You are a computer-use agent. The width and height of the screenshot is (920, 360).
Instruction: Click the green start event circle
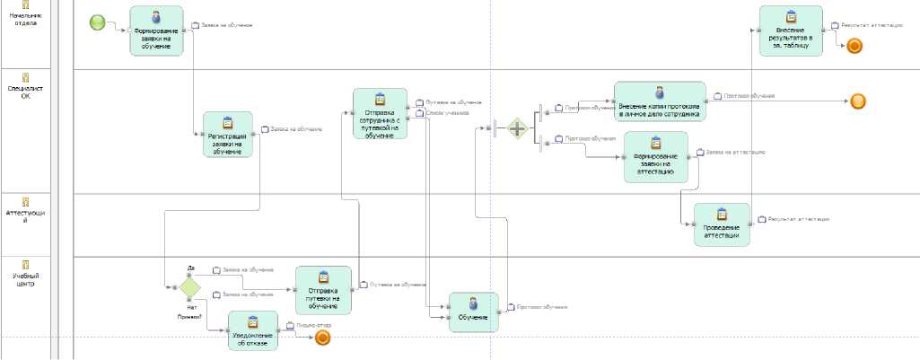point(98,22)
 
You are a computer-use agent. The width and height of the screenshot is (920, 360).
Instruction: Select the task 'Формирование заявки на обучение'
point(156,31)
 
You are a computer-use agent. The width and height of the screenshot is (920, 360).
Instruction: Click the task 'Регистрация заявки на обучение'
point(227,135)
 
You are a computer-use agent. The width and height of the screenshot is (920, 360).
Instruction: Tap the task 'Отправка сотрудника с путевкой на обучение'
point(380,113)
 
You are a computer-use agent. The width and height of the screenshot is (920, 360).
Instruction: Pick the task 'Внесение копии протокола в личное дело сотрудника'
point(660,101)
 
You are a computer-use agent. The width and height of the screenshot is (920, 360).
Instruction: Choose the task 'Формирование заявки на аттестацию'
point(655,157)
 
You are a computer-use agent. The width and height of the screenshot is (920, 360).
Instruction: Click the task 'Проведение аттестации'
point(722,224)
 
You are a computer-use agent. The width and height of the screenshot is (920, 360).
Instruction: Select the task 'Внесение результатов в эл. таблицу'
point(791,31)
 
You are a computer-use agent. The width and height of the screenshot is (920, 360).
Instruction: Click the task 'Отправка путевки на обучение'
point(323,290)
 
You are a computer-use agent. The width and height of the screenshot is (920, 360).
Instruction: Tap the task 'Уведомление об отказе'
point(253,331)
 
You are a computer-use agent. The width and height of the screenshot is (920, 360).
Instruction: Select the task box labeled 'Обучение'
point(473,312)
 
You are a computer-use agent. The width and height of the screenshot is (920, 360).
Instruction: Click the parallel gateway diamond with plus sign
point(517,128)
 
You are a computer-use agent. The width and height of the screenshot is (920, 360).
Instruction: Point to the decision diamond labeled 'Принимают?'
point(189,287)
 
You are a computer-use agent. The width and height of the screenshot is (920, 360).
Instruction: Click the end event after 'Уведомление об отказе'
point(323,338)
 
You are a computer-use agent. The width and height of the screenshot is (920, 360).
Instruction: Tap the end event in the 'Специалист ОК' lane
point(858,101)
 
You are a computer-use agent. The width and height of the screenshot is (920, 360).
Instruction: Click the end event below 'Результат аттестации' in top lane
point(854,46)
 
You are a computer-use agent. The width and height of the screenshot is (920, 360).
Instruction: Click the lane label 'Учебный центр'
point(26,280)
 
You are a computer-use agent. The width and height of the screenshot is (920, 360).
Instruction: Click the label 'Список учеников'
point(446,113)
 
